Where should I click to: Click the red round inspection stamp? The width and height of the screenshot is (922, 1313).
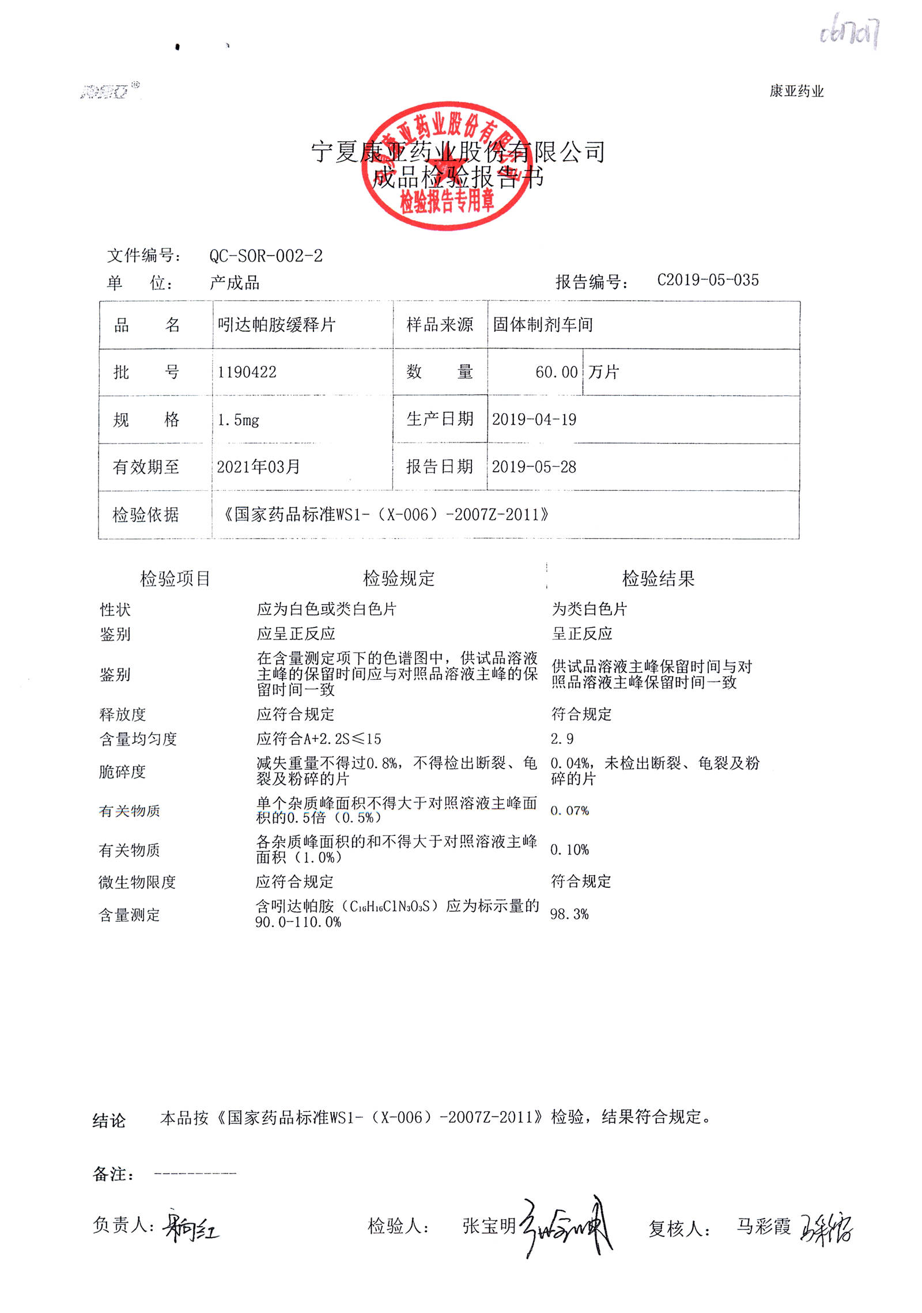pyautogui.click(x=447, y=166)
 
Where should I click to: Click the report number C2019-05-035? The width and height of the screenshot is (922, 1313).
pyautogui.click(x=708, y=280)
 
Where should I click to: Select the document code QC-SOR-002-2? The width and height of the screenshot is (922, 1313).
pyautogui.click(x=266, y=256)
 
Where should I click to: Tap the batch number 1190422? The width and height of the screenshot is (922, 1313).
pyautogui.click(x=247, y=372)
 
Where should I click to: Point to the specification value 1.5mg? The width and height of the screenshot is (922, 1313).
pyautogui.click(x=238, y=420)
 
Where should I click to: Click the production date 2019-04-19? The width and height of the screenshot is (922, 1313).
pyautogui.click(x=534, y=419)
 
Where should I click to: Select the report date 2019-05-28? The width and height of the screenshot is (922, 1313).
pyautogui.click(x=534, y=467)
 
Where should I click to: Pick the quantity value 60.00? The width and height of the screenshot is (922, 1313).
pyautogui.click(x=556, y=372)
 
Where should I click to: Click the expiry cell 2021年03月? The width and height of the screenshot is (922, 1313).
pyautogui.click(x=258, y=467)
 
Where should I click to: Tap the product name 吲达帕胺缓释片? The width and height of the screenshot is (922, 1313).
pyautogui.click(x=276, y=325)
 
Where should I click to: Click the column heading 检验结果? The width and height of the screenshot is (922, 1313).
pyautogui.click(x=658, y=578)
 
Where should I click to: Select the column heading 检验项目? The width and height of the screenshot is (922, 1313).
pyautogui.click(x=175, y=578)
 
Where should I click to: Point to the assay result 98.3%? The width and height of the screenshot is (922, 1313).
pyautogui.click(x=569, y=914)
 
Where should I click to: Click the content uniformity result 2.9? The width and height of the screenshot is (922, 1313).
pyautogui.click(x=562, y=739)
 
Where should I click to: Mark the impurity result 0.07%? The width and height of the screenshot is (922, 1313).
pyautogui.click(x=569, y=811)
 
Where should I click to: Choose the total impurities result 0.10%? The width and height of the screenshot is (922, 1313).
pyautogui.click(x=569, y=850)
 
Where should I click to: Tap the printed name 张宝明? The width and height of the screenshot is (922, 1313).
pyautogui.click(x=489, y=1226)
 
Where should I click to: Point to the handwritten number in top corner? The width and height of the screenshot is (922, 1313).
pyautogui.click(x=849, y=33)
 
